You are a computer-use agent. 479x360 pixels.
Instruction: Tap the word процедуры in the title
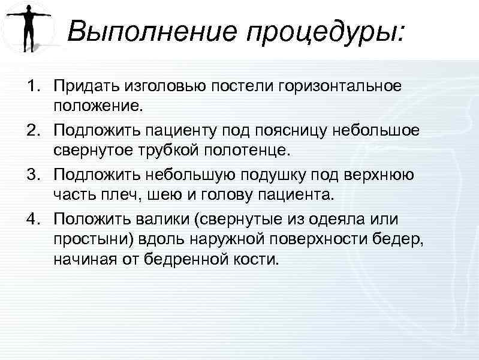323,32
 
